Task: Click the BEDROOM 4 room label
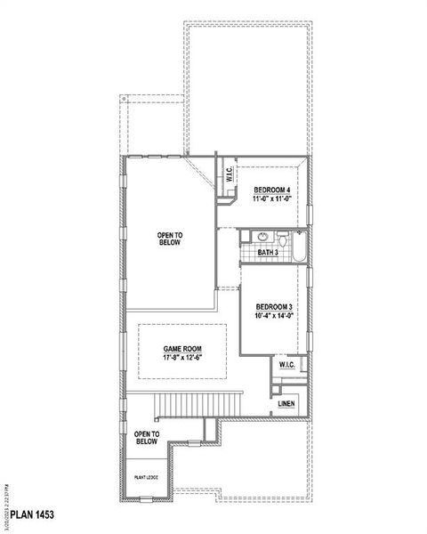pos(272,190)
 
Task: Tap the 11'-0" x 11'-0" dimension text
pos(272,201)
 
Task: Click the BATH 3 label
pos(269,253)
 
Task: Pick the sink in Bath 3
pos(262,237)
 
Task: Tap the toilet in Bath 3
pos(282,239)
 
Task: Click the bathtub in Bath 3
pos(300,246)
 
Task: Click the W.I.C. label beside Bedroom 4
pos(229,174)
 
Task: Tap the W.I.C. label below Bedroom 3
pos(286,365)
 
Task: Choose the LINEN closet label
pos(286,404)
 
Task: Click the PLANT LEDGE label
pos(146,479)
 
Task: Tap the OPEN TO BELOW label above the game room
pos(170,238)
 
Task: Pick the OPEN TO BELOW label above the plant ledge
pos(146,437)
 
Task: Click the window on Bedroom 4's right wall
pos(311,217)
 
